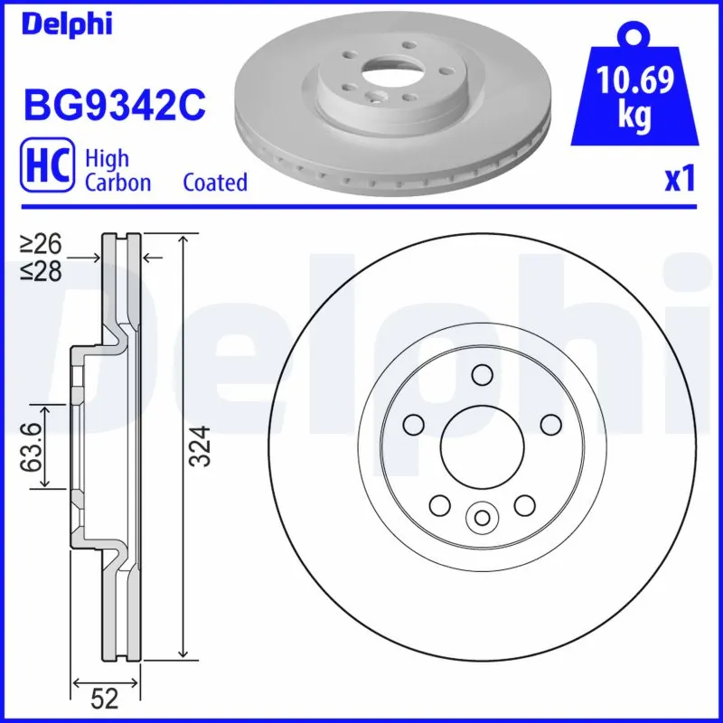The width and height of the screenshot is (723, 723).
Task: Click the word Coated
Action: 215,183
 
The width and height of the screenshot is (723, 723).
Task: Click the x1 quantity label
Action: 679,181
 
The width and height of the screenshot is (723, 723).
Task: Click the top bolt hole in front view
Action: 482,374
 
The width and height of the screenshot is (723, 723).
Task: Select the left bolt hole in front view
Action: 414,423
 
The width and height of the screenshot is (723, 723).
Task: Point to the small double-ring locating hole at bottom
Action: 482,517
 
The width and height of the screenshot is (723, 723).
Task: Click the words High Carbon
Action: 117,170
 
